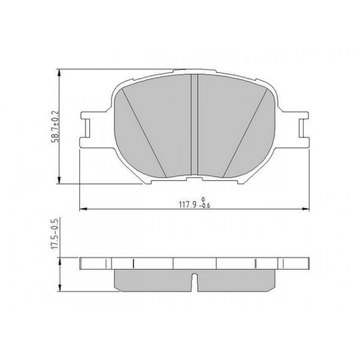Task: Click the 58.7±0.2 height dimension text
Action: (x=55, y=126)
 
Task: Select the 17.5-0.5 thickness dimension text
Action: (x=55, y=235)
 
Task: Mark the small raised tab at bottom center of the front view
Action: (x=194, y=178)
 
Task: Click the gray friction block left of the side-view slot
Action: (x=153, y=279)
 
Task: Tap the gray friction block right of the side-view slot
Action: (x=235, y=279)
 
